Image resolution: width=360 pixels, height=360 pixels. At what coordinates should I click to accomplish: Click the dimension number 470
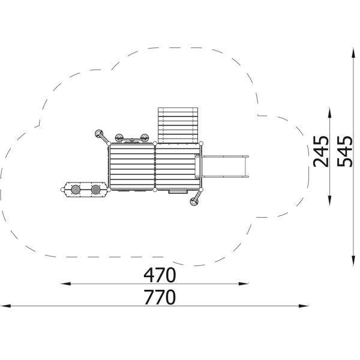pyautogui.click(x=160, y=275)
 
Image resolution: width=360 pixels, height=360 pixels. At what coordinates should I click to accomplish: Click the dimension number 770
pyautogui.click(x=160, y=297)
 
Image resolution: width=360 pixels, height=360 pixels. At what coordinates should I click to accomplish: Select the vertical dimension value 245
pyautogui.click(x=321, y=152)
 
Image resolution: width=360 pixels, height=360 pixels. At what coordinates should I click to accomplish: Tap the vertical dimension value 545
pyautogui.click(x=344, y=152)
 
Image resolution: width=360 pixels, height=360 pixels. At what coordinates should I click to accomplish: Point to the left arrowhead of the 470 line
pyautogui.click(x=65, y=284)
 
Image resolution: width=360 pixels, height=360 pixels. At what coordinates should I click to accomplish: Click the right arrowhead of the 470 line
pyautogui.click(x=244, y=284)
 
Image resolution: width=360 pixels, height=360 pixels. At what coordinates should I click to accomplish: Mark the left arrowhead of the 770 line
pyautogui.click(x=5, y=306)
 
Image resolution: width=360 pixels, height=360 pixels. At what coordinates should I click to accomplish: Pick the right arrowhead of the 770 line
pyautogui.click(x=303, y=306)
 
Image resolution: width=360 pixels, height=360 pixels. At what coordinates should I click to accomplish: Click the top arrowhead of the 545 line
pyautogui.click(x=353, y=53)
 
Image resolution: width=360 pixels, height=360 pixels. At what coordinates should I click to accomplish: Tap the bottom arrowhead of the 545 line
pyautogui.click(x=353, y=261)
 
